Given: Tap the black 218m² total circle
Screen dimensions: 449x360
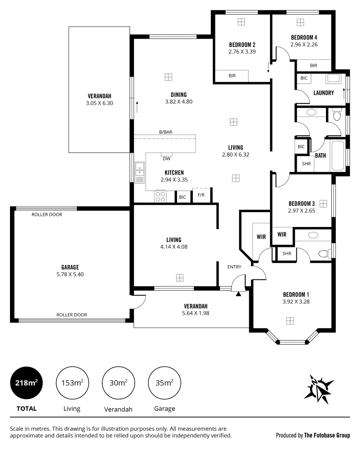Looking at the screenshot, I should coord(26,383).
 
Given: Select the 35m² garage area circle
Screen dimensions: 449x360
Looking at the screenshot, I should coord(165,383).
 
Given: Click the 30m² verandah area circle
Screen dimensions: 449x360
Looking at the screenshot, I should coord(118,383).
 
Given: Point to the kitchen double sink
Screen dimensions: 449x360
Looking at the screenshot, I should coord(140,170).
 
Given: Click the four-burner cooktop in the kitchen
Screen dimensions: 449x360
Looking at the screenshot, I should coord(160,196).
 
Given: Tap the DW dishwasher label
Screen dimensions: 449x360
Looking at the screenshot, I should coord(166,158).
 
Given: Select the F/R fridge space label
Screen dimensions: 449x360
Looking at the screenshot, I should coord(201,195).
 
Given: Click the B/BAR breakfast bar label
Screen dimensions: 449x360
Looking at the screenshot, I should coord(165,132).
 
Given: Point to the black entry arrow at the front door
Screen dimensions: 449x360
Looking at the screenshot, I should coord(238,294).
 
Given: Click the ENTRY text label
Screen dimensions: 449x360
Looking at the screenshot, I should coord(234,267).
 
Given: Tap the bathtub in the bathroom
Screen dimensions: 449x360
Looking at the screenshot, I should coord(338,156).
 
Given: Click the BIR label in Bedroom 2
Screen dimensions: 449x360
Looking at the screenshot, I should coord(232,76).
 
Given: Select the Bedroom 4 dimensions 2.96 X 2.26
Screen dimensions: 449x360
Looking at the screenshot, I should coord(304,44).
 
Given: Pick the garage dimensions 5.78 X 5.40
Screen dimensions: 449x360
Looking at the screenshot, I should coord(70,274).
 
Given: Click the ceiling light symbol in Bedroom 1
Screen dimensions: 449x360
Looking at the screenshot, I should coord(290,320).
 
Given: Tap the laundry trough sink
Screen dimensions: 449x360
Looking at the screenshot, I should coord(333,79).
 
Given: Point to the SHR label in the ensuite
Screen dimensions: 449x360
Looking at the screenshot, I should coord(287,254).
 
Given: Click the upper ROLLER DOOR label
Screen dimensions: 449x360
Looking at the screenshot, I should coord(47,215).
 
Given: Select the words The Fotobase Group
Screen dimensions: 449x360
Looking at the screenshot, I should coord(327,435).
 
